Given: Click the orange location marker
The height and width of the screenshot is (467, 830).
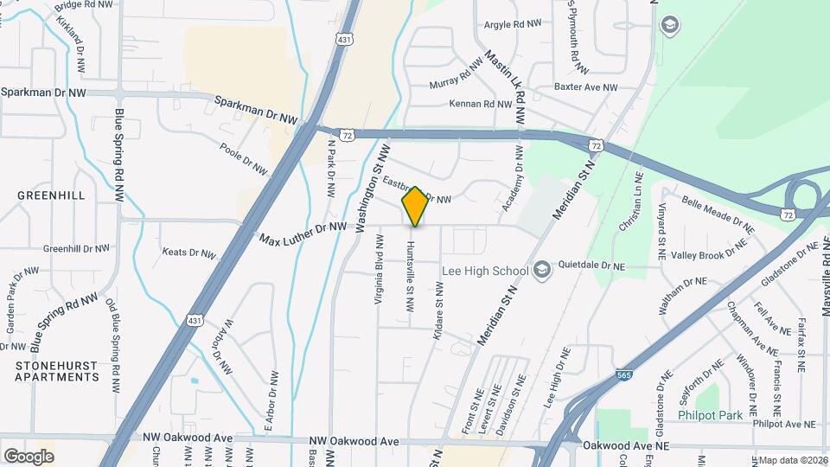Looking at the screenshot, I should [415, 206].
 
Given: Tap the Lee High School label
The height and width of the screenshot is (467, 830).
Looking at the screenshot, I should [484, 271].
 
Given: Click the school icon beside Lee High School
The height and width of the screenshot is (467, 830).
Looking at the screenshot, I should [541, 271].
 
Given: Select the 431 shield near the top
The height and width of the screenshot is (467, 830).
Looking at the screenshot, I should [345, 40].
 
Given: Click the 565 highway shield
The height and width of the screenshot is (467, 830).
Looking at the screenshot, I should [624, 375].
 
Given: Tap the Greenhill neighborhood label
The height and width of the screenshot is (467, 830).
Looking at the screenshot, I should [51, 195].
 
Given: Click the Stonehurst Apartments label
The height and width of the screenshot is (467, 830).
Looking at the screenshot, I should [56, 371].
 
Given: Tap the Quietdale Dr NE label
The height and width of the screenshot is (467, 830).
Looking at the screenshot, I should [591, 267].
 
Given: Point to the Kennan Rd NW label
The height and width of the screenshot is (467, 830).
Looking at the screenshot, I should [481, 104].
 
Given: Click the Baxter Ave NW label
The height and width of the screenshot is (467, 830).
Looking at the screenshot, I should [586, 87].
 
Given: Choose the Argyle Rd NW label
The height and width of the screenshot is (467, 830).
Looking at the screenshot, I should [513, 24].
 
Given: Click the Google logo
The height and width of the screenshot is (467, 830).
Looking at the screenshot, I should [28, 456].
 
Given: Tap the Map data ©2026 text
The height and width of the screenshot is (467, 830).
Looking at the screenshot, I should [794, 459].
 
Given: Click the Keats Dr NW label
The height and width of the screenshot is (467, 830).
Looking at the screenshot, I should [188, 253].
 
